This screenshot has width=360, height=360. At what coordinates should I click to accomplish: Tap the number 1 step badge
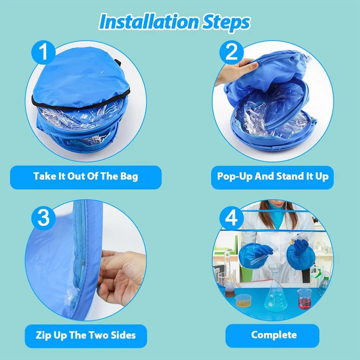tap(44, 52)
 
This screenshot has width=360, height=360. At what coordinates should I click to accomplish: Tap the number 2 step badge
tap(231, 52)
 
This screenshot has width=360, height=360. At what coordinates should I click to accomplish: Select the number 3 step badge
tap(44, 218)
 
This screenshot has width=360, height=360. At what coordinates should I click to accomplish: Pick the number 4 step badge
tap(231, 218)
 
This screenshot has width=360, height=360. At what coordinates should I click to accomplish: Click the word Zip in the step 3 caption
tap(44, 336)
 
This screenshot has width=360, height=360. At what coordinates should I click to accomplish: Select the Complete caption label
tap(274, 335)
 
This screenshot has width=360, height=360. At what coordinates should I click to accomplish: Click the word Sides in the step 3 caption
tap(123, 335)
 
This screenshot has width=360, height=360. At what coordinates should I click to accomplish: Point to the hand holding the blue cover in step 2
tap(237, 70)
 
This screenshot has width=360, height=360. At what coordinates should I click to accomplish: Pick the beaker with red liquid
tap(304, 299)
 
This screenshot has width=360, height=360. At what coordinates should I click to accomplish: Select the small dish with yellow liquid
tap(243, 301)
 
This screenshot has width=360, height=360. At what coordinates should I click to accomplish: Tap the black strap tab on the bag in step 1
tap(118, 62)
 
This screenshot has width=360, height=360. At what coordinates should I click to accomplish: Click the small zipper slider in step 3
tap(82, 263)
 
